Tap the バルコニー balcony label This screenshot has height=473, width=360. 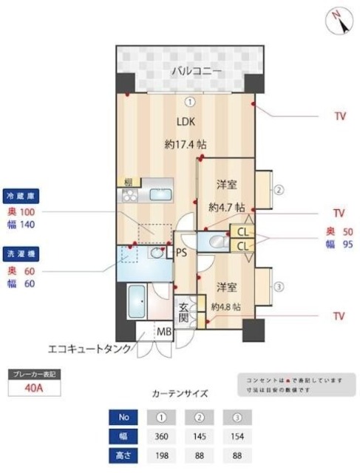coord(191,72)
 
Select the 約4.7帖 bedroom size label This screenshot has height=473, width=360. coord(226,208)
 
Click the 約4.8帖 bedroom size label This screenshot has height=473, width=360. coord(226,306)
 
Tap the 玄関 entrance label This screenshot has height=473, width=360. coord(183,311)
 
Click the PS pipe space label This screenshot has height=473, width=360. coord(181,253)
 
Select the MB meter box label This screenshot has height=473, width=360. coord(163,332)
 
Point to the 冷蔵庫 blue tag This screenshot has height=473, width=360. coord(21,196)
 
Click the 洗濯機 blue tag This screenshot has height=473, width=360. coord(21,253)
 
